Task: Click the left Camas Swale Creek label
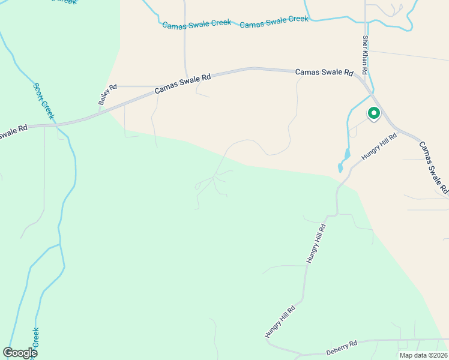[x=196, y=23]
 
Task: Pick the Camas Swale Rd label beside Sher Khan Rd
[x=324, y=72]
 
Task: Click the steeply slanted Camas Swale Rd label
[x=433, y=167]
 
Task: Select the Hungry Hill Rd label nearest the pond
[x=379, y=147]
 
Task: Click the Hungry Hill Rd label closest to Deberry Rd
[x=280, y=321]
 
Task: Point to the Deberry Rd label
[x=342, y=347]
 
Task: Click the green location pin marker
[x=373, y=113]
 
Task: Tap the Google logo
[x=20, y=353]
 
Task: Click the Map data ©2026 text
[x=423, y=355]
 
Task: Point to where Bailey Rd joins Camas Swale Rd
[x=100, y=110]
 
